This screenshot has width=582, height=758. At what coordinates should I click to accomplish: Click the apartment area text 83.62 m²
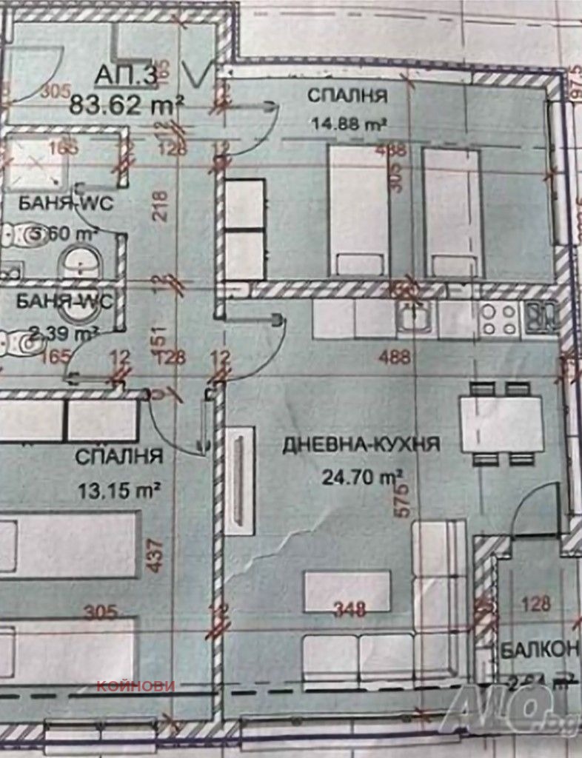pyautogui.click(x=126, y=104)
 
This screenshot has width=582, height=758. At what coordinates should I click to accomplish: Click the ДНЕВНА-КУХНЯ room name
pyautogui.click(x=361, y=444)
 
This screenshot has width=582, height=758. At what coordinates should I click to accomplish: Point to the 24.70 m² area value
pyautogui.click(x=361, y=477)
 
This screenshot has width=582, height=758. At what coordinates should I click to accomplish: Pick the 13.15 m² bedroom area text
pyautogui.click(x=119, y=489)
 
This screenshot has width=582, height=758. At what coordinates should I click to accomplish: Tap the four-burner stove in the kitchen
pyautogui.click(x=498, y=319)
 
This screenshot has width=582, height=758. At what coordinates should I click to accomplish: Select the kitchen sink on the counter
pyautogui.click(x=414, y=319)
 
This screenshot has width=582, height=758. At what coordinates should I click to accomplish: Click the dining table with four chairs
pyautogui.click(x=502, y=424)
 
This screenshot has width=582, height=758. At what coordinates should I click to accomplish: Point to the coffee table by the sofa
pyautogui.click(x=347, y=591)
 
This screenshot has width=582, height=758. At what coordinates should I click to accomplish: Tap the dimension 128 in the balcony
pyautogui.click(x=536, y=603)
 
